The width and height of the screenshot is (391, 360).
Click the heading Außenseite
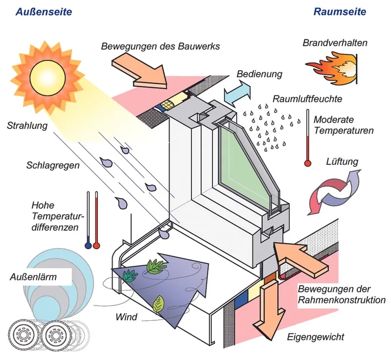click(x=44, y=11)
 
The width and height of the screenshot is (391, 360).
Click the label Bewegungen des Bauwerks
click(x=160, y=46)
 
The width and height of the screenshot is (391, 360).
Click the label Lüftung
click(x=342, y=162)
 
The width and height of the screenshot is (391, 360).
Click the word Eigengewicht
click(x=316, y=337)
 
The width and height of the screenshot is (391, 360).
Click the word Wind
click(x=126, y=317)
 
